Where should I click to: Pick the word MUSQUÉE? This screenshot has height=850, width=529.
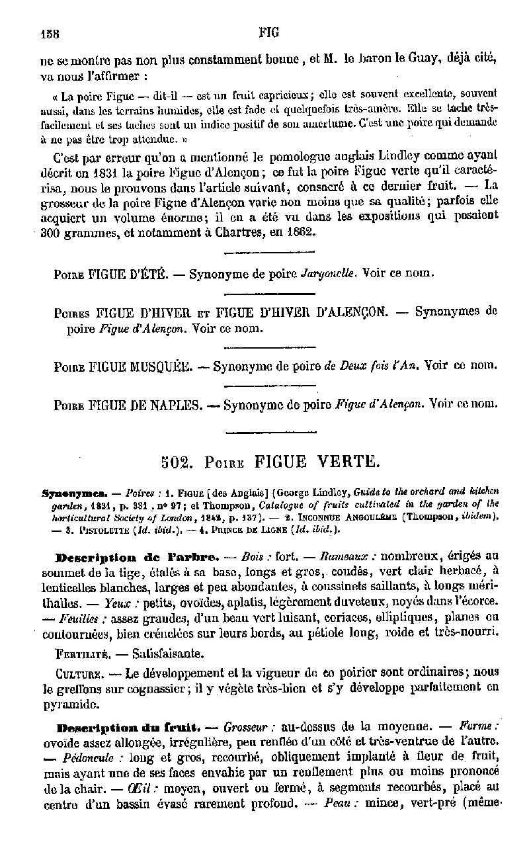tap(159, 365)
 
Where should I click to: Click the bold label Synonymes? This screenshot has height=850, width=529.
tap(68, 493)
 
